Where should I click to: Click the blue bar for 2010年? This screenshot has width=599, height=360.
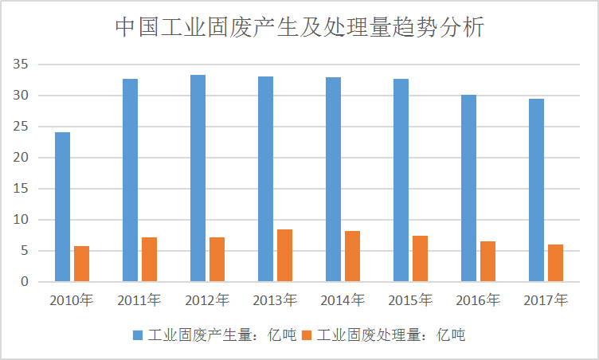tap(62, 206)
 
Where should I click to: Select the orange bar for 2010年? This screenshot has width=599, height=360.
tap(82, 264)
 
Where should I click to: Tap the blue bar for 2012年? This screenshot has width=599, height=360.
tap(198, 178)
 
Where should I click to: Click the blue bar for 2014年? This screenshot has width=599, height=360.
tap(333, 179)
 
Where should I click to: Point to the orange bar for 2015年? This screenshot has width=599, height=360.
tap(421, 258)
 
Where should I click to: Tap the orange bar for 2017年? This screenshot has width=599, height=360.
tap(555, 263)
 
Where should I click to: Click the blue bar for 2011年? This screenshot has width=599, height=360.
tap(130, 180)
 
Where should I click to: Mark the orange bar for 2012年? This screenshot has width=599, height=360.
tap(217, 259)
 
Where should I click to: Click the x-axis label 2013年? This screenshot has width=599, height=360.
tap(275, 301)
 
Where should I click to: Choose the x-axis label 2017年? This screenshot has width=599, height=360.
tap(546, 301)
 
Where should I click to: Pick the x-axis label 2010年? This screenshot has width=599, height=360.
tap(72, 301)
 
